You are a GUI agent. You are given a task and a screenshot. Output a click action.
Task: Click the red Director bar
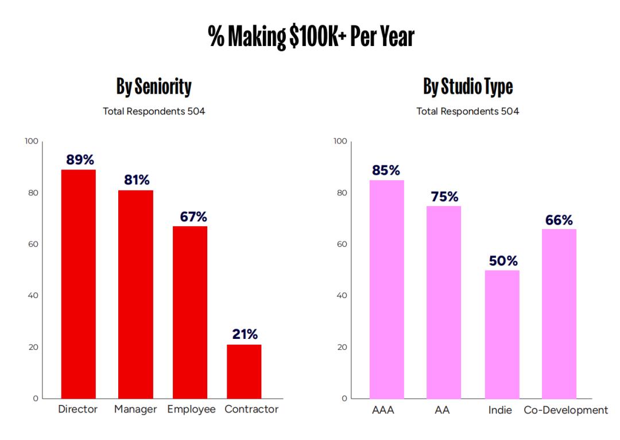pyautogui.click(x=79, y=284)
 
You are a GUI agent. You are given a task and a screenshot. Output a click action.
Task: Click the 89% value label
pyautogui.click(x=80, y=160)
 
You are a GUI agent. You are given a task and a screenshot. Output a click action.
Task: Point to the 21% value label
pyautogui.click(x=245, y=334)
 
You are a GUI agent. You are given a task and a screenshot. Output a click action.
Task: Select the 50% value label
pyautogui.click(x=503, y=261)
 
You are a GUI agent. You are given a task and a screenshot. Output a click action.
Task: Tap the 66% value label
pyautogui.click(x=559, y=220)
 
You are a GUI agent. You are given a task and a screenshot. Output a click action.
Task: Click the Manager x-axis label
pyautogui.click(x=135, y=410)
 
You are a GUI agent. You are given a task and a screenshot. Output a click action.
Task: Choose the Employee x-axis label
pyautogui.click(x=191, y=410)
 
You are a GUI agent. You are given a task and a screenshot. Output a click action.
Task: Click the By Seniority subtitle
pyautogui.click(x=154, y=87)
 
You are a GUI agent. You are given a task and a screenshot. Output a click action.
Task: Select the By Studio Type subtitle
pyautogui.click(x=468, y=87)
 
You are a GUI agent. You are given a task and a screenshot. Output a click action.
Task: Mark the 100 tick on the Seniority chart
pyautogui.click(x=32, y=141)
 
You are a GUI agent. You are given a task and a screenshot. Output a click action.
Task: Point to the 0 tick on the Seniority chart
pyautogui.click(x=36, y=398)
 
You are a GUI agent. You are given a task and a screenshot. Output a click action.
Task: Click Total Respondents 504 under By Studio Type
pyautogui.click(x=468, y=111)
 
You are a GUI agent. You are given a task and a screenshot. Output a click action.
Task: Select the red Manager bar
pyautogui.click(x=135, y=294)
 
